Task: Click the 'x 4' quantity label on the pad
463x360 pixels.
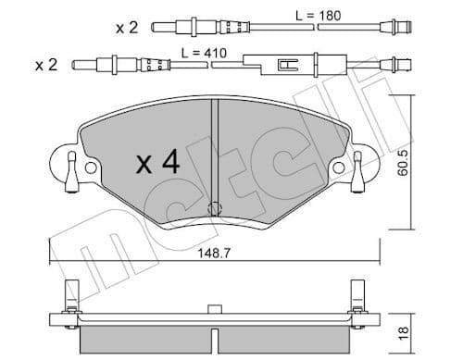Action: click(157, 164)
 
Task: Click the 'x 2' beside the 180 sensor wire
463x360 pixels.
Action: click(127, 27)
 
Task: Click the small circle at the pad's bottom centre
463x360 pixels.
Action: click(215, 208)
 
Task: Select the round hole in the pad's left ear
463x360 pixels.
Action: click(91, 168)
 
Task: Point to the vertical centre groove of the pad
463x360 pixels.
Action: click(215, 148)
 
